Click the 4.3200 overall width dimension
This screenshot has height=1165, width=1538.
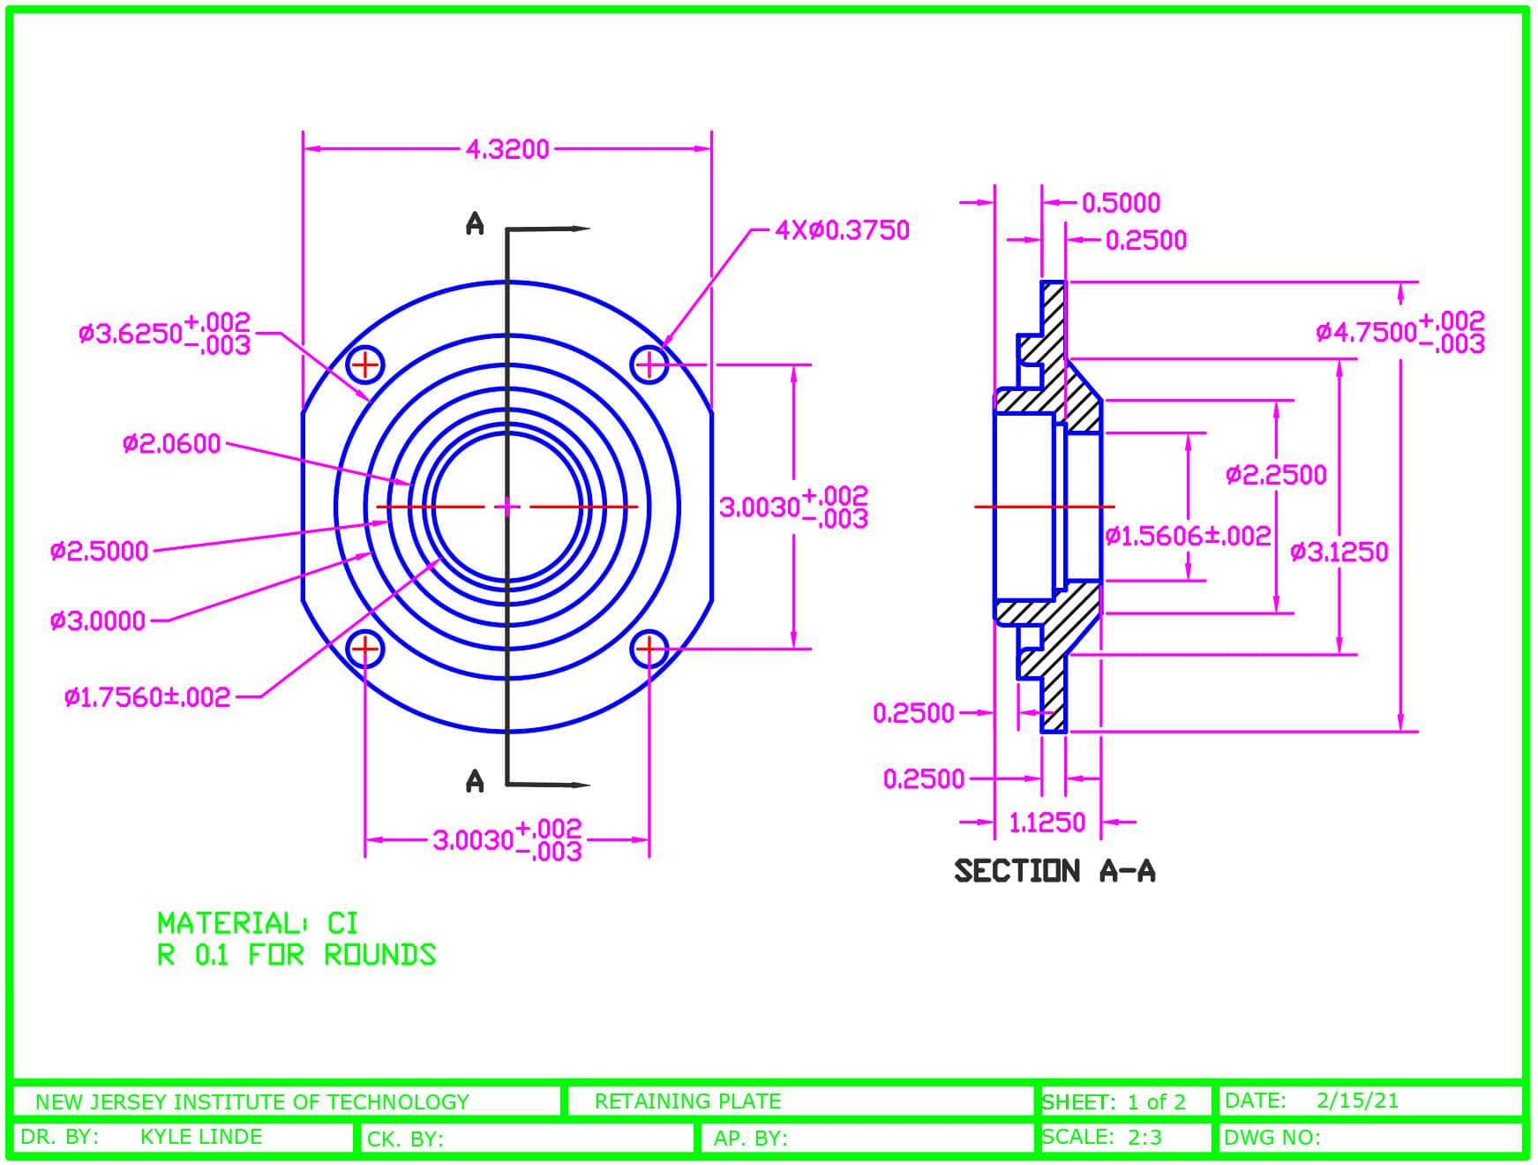pyautogui.click(x=507, y=149)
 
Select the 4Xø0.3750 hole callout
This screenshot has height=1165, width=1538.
pyautogui.click(x=842, y=230)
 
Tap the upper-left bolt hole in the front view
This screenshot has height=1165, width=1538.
pyautogui.click(x=364, y=364)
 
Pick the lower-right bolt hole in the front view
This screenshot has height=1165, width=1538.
pyautogui.click(x=649, y=650)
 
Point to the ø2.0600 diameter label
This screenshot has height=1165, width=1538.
pyautogui.click(x=171, y=443)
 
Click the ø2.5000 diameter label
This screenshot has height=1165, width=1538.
pyautogui.click(x=99, y=552)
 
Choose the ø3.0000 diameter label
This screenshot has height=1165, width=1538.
pyautogui.click(x=97, y=621)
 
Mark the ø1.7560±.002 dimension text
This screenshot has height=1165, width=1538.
pyautogui.click(x=146, y=697)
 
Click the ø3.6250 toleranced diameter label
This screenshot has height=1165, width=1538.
pyautogui.click(x=164, y=333)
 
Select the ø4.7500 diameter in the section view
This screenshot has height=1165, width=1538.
pyautogui.click(x=1400, y=331)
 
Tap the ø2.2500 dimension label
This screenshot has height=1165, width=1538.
pyautogui.click(x=1276, y=476)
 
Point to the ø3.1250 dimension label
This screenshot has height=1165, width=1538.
pyautogui.click(x=1339, y=552)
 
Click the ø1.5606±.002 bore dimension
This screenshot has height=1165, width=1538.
pyautogui.click(x=1188, y=536)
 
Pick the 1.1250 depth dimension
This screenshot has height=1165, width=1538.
pyautogui.click(x=1047, y=823)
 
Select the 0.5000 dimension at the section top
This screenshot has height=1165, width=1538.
pyautogui.click(x=1121, y=203)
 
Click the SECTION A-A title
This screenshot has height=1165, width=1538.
pyautogui.click(x=1054, y=871)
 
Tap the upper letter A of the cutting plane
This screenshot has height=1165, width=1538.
pyautogui.click(x=475, y=224)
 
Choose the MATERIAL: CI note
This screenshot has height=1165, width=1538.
pyautogui.click(x=258, y=923)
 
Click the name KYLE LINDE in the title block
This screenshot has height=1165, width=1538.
pyautogui.click(x=201, y=1137)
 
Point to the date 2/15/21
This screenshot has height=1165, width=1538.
pyautogui.click(x=1357, y=1101)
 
